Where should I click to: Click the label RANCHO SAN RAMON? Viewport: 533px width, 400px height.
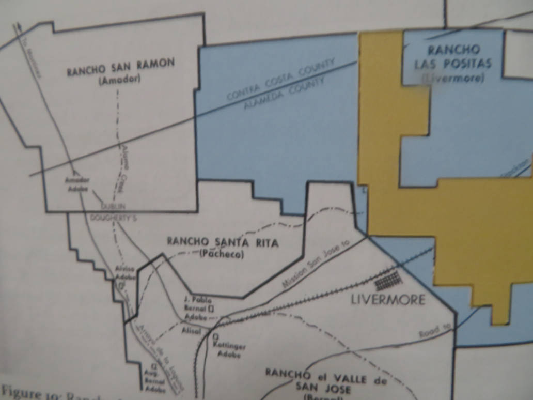(120, 67)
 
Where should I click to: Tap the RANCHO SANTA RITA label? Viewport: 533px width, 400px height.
(223, 242)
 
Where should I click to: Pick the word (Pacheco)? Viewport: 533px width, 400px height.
(222, 254)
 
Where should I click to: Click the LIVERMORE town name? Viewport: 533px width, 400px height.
(388, 299)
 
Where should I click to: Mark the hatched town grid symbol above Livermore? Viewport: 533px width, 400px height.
(388, 281)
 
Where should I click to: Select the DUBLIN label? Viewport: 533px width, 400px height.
(113, 205)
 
